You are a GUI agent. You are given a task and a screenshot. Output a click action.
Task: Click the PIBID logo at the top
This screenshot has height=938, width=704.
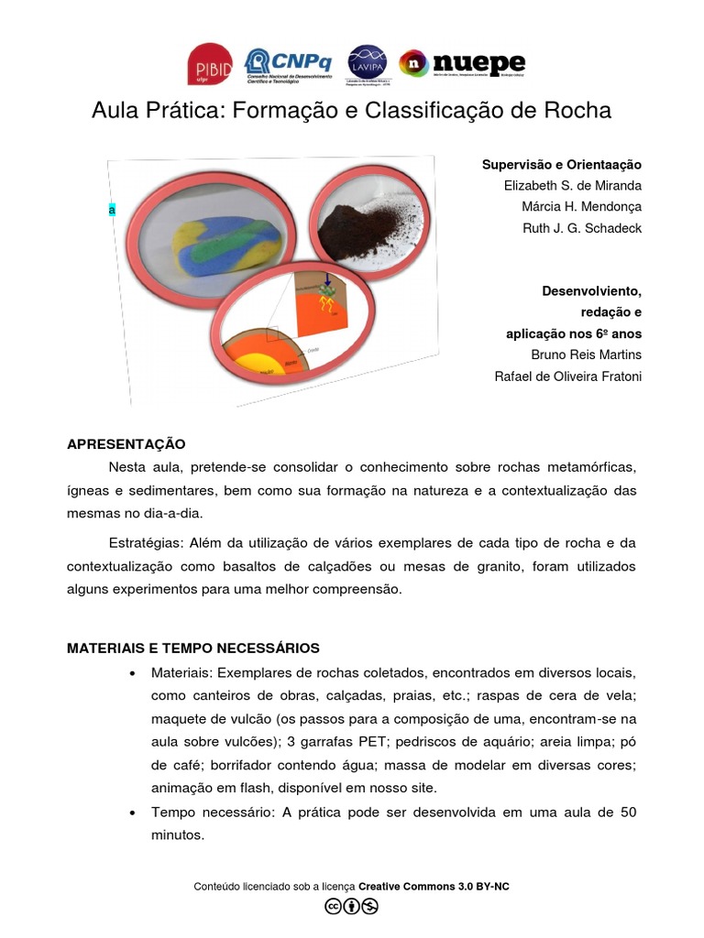tap(209, 64)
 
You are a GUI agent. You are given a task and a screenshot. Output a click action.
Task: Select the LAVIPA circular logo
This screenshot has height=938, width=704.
tap(367, 63)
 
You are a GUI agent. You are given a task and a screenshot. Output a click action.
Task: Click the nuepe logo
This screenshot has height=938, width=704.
tap(462, 63)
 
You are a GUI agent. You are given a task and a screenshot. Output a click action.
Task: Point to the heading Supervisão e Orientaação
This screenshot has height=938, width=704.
tap(562, 165)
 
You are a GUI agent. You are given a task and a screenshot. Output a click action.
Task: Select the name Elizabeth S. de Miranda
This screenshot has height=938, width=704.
tap(573, 186)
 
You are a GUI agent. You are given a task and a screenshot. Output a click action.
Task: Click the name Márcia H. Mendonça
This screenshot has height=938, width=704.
tap(582, 207)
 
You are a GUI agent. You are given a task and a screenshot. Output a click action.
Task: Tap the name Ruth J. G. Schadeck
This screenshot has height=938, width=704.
tap(581, 228)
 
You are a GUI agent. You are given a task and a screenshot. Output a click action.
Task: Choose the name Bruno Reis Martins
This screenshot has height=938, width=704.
tap(587, 354)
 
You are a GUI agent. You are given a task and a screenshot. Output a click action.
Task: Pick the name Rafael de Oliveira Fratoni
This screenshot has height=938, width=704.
tap(568, 376)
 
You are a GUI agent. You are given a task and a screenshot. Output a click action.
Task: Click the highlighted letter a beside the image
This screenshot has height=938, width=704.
tap(112, 210)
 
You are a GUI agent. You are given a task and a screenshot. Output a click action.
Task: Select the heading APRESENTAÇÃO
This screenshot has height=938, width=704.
tap(126, 444)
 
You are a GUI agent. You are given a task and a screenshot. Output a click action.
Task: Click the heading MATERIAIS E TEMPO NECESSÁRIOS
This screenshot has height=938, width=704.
tap(192, 649)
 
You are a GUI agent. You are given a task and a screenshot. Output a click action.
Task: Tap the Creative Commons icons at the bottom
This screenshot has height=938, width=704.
tap(351, 907)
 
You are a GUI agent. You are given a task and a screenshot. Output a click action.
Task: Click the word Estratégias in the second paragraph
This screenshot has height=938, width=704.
tap(144, 543)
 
